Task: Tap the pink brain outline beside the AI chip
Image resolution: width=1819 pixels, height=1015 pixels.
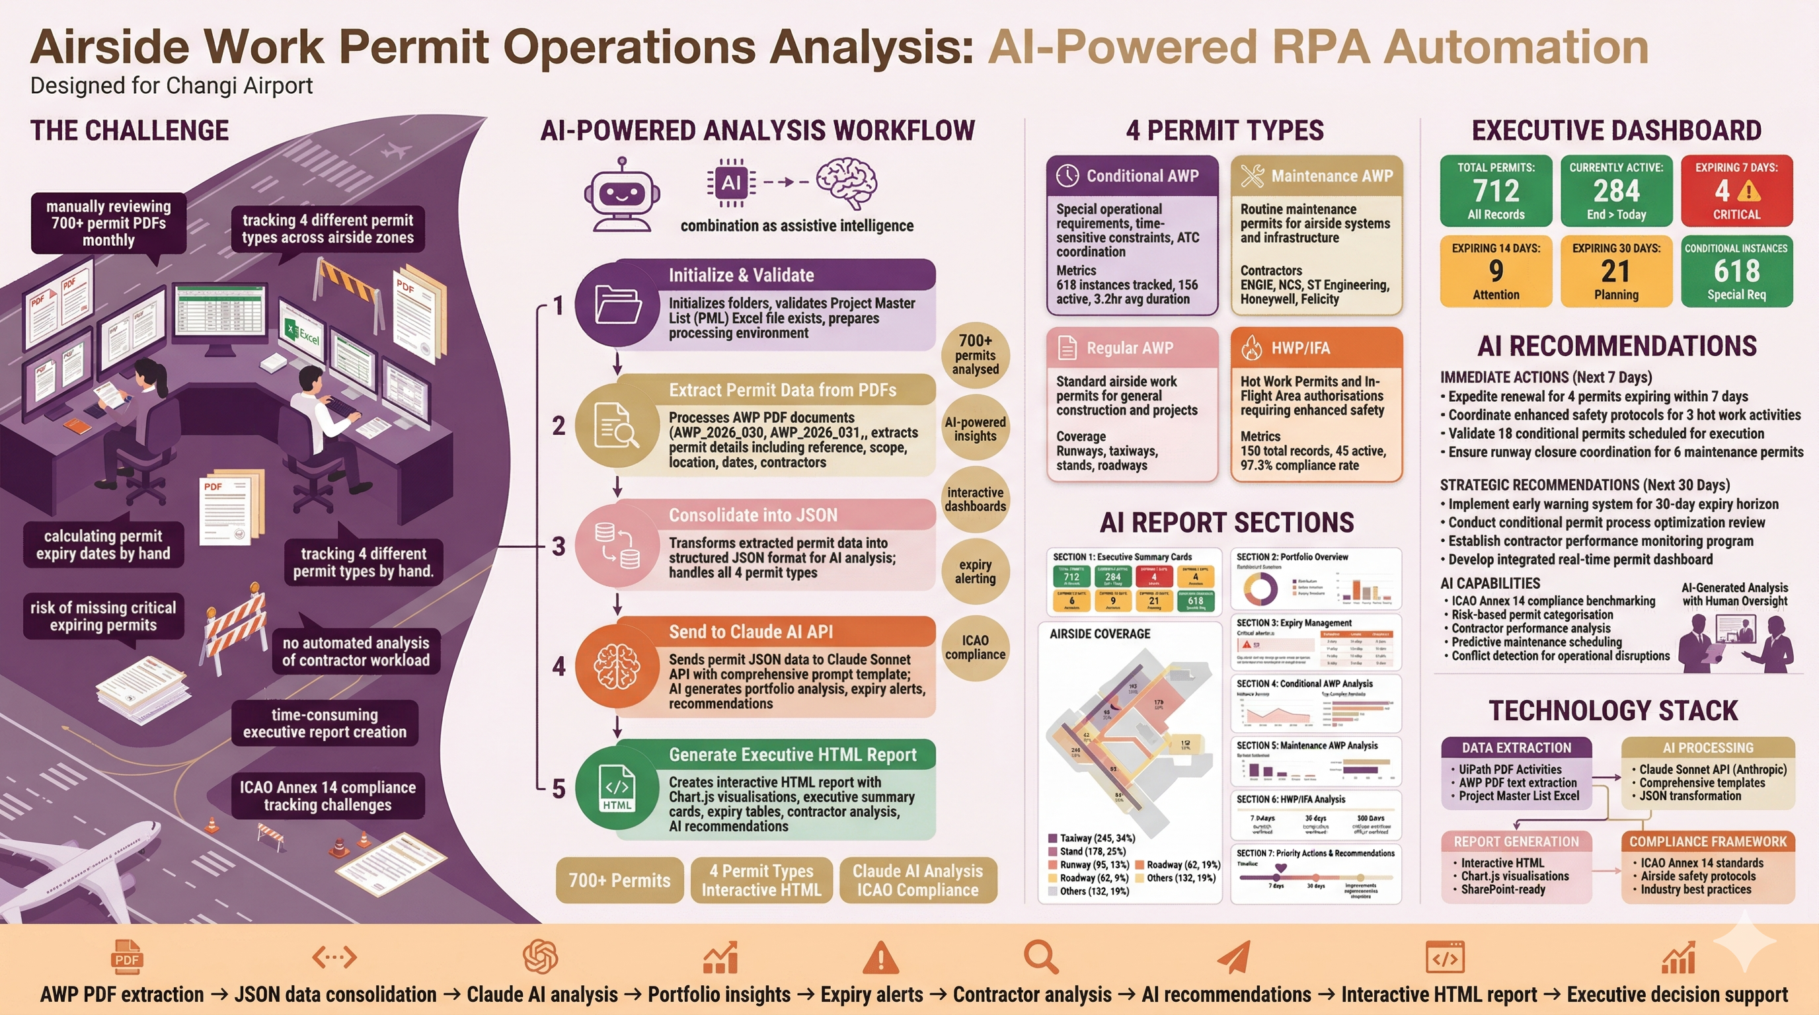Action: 847,183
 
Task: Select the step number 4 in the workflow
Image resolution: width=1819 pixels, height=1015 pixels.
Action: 559,666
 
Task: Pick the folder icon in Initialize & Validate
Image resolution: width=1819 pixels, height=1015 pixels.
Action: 618,304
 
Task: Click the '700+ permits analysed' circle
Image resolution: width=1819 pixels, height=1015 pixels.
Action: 975,355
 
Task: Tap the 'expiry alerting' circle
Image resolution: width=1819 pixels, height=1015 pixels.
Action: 975,571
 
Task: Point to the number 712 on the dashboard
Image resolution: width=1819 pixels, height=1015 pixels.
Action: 1496,190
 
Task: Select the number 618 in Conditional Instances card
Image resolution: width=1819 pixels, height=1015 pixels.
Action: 1736,271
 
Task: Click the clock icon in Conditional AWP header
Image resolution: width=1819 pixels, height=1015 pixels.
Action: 1067,176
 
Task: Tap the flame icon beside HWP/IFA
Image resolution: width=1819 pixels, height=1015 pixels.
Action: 1251,348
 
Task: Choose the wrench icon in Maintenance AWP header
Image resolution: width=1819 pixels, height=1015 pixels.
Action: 1252,176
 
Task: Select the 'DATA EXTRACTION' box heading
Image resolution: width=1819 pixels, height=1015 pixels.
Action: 1516,747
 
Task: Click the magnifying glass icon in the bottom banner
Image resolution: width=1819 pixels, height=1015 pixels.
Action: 1041,958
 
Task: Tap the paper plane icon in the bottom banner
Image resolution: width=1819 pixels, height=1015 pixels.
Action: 1233,958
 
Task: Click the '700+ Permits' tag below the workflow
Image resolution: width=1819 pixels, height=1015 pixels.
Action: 619,880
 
